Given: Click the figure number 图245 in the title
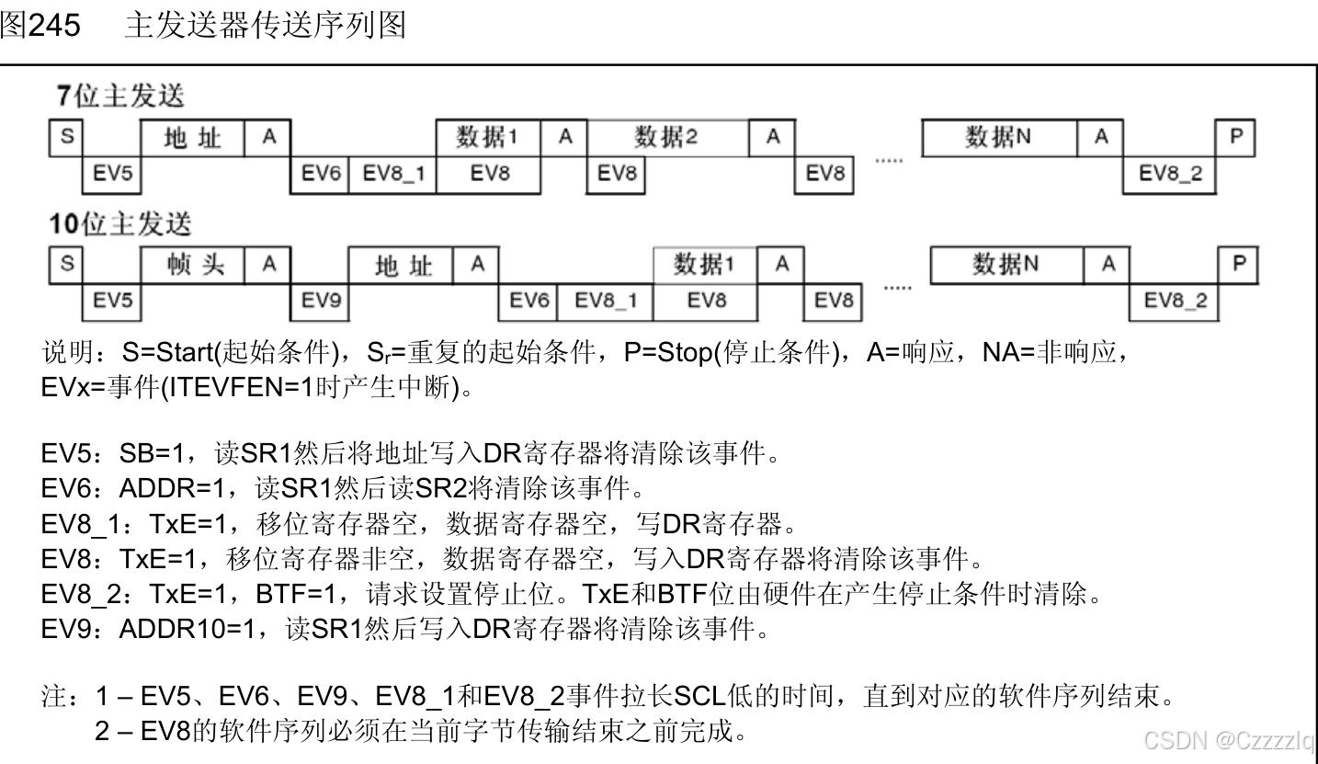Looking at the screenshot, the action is click(40, 25).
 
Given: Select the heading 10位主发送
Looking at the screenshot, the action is click(120, 224).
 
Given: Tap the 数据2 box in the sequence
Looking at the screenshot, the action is click(666, 138).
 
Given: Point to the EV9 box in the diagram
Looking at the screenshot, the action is click(321, 301).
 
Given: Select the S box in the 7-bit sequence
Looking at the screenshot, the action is click(66, 137).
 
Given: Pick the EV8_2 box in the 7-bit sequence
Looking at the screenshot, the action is click(1169, 174).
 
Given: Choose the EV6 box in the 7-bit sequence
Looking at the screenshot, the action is click(321, 174).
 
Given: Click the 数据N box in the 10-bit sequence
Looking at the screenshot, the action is click(1006, 265).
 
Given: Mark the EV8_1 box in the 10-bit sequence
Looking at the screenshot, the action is click(605, 301).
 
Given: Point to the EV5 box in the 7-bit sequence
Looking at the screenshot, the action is click(111, 174).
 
